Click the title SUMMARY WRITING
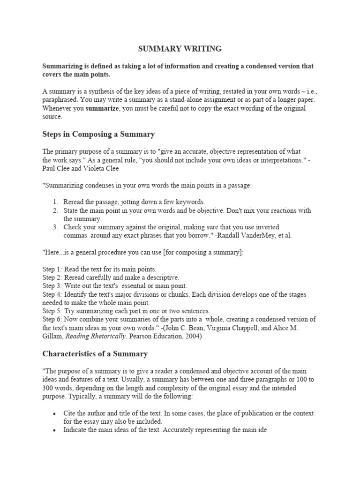[x=180, y=48]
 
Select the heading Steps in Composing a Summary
[x=98, y=134]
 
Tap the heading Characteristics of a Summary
[x=95, y=353]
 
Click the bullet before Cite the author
[x=55, y=413]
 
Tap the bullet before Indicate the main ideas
[x=55, y=430]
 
